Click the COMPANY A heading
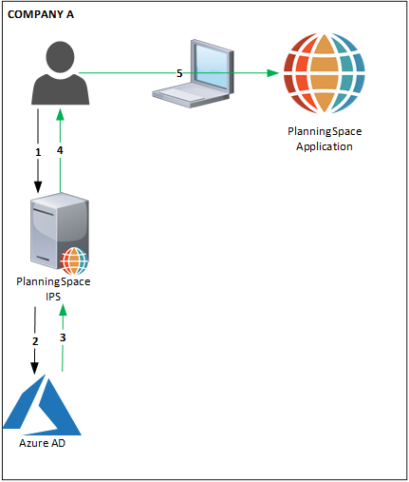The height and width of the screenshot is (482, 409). [41, 14]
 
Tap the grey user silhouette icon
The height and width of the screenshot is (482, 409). [60, 73]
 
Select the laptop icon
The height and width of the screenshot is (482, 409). [193, 73]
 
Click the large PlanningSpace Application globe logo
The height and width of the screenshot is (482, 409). [325, 73]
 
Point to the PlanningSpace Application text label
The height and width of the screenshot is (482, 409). [325, 139]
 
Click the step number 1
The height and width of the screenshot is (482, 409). [38, 152]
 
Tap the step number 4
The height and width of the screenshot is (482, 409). [60, 150]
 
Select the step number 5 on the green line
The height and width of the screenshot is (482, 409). [179, 73]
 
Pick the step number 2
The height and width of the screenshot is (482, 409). [35, 341]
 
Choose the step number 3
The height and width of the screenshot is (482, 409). [63, 337]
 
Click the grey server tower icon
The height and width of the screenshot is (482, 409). [60, 233]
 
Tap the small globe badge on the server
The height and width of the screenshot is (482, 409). [74, 260]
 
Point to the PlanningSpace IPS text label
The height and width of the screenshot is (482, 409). [53, 289]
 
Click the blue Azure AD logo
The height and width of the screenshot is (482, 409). [42, 405]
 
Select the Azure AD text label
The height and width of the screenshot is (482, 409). [42, 443]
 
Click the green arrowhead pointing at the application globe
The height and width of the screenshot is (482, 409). [272, 73]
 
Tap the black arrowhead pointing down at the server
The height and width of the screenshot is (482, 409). [38, 187]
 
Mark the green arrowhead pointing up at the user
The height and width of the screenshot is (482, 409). [60, 114]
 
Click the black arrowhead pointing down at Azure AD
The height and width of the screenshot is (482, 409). [34, 369]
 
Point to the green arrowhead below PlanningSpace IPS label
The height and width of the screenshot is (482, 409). [64, 310]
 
